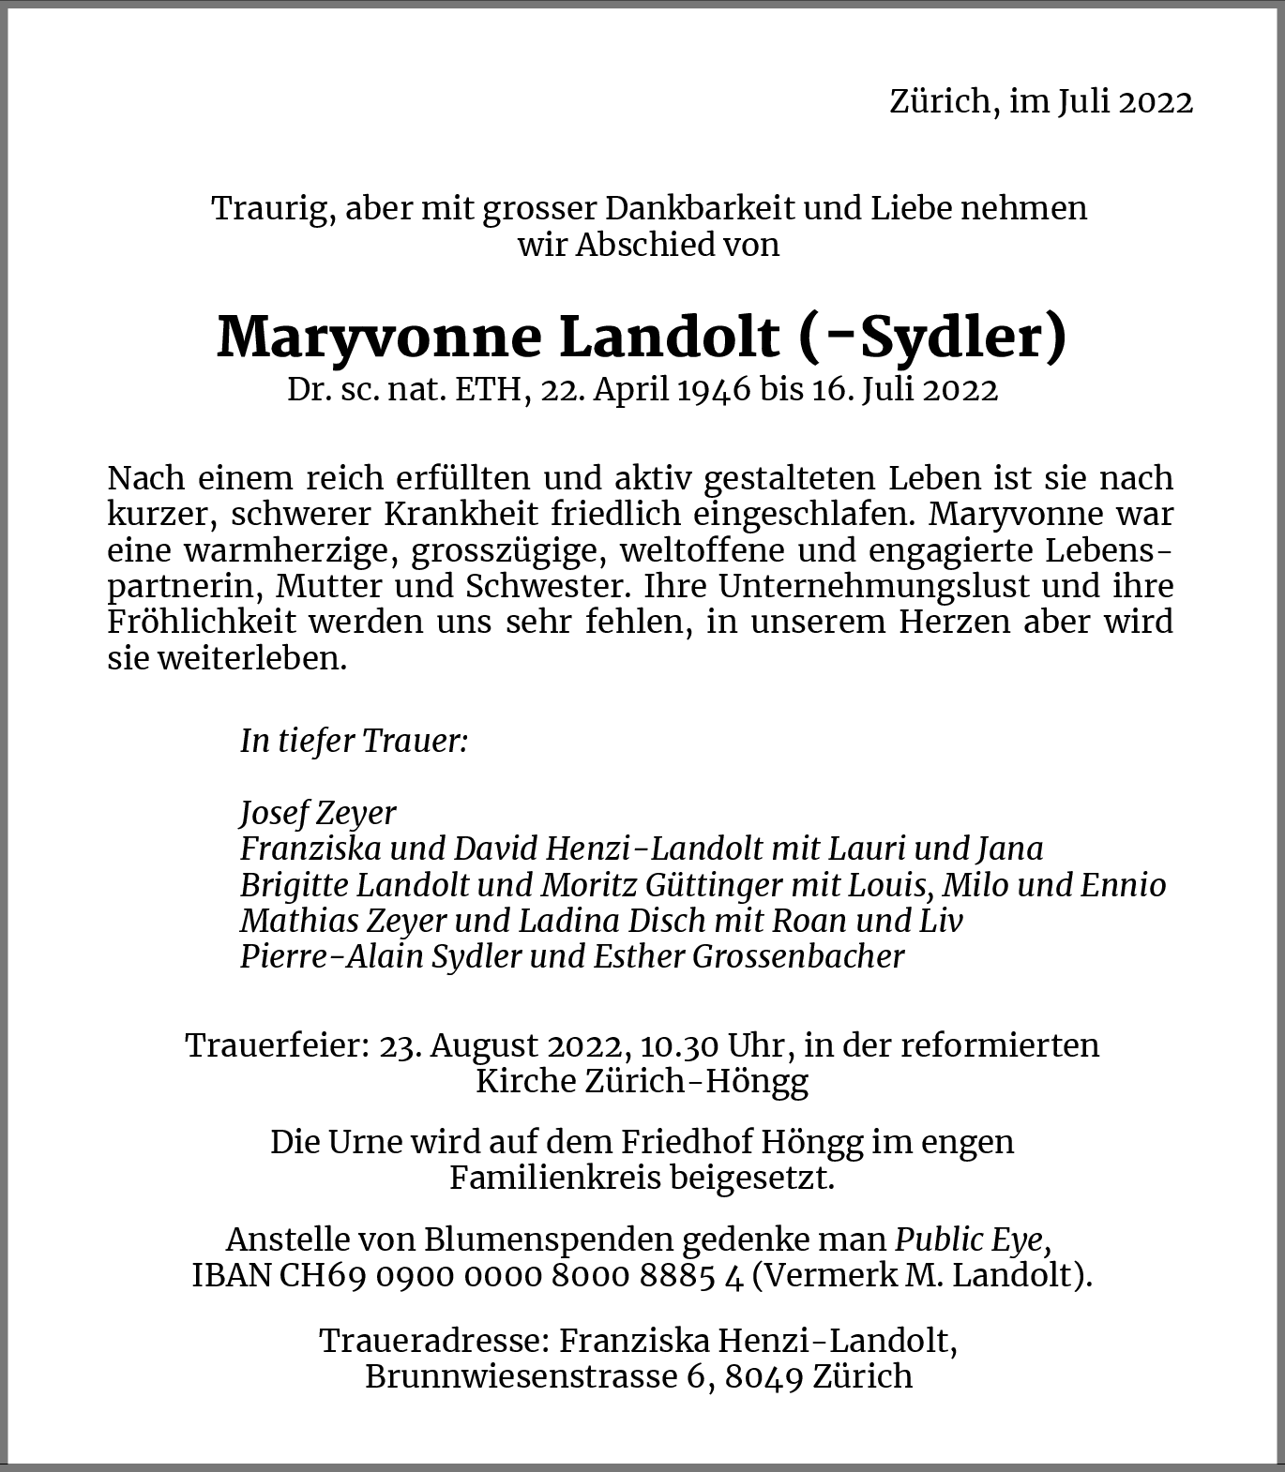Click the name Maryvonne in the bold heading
(379, 338)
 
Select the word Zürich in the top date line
(940, 101)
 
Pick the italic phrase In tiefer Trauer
(354, 741)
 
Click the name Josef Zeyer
(318, 813)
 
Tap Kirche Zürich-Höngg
(642, 1081)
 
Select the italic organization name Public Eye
(971, 1239)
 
